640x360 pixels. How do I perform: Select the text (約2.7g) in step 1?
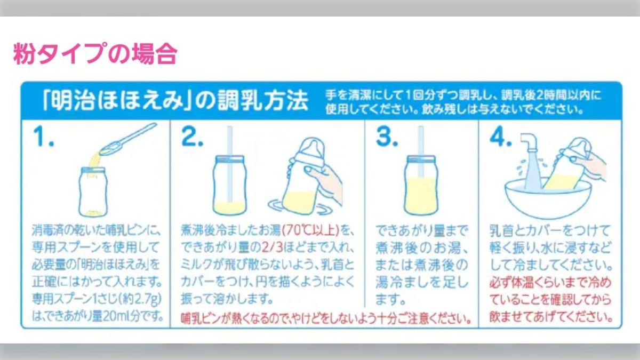138,298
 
